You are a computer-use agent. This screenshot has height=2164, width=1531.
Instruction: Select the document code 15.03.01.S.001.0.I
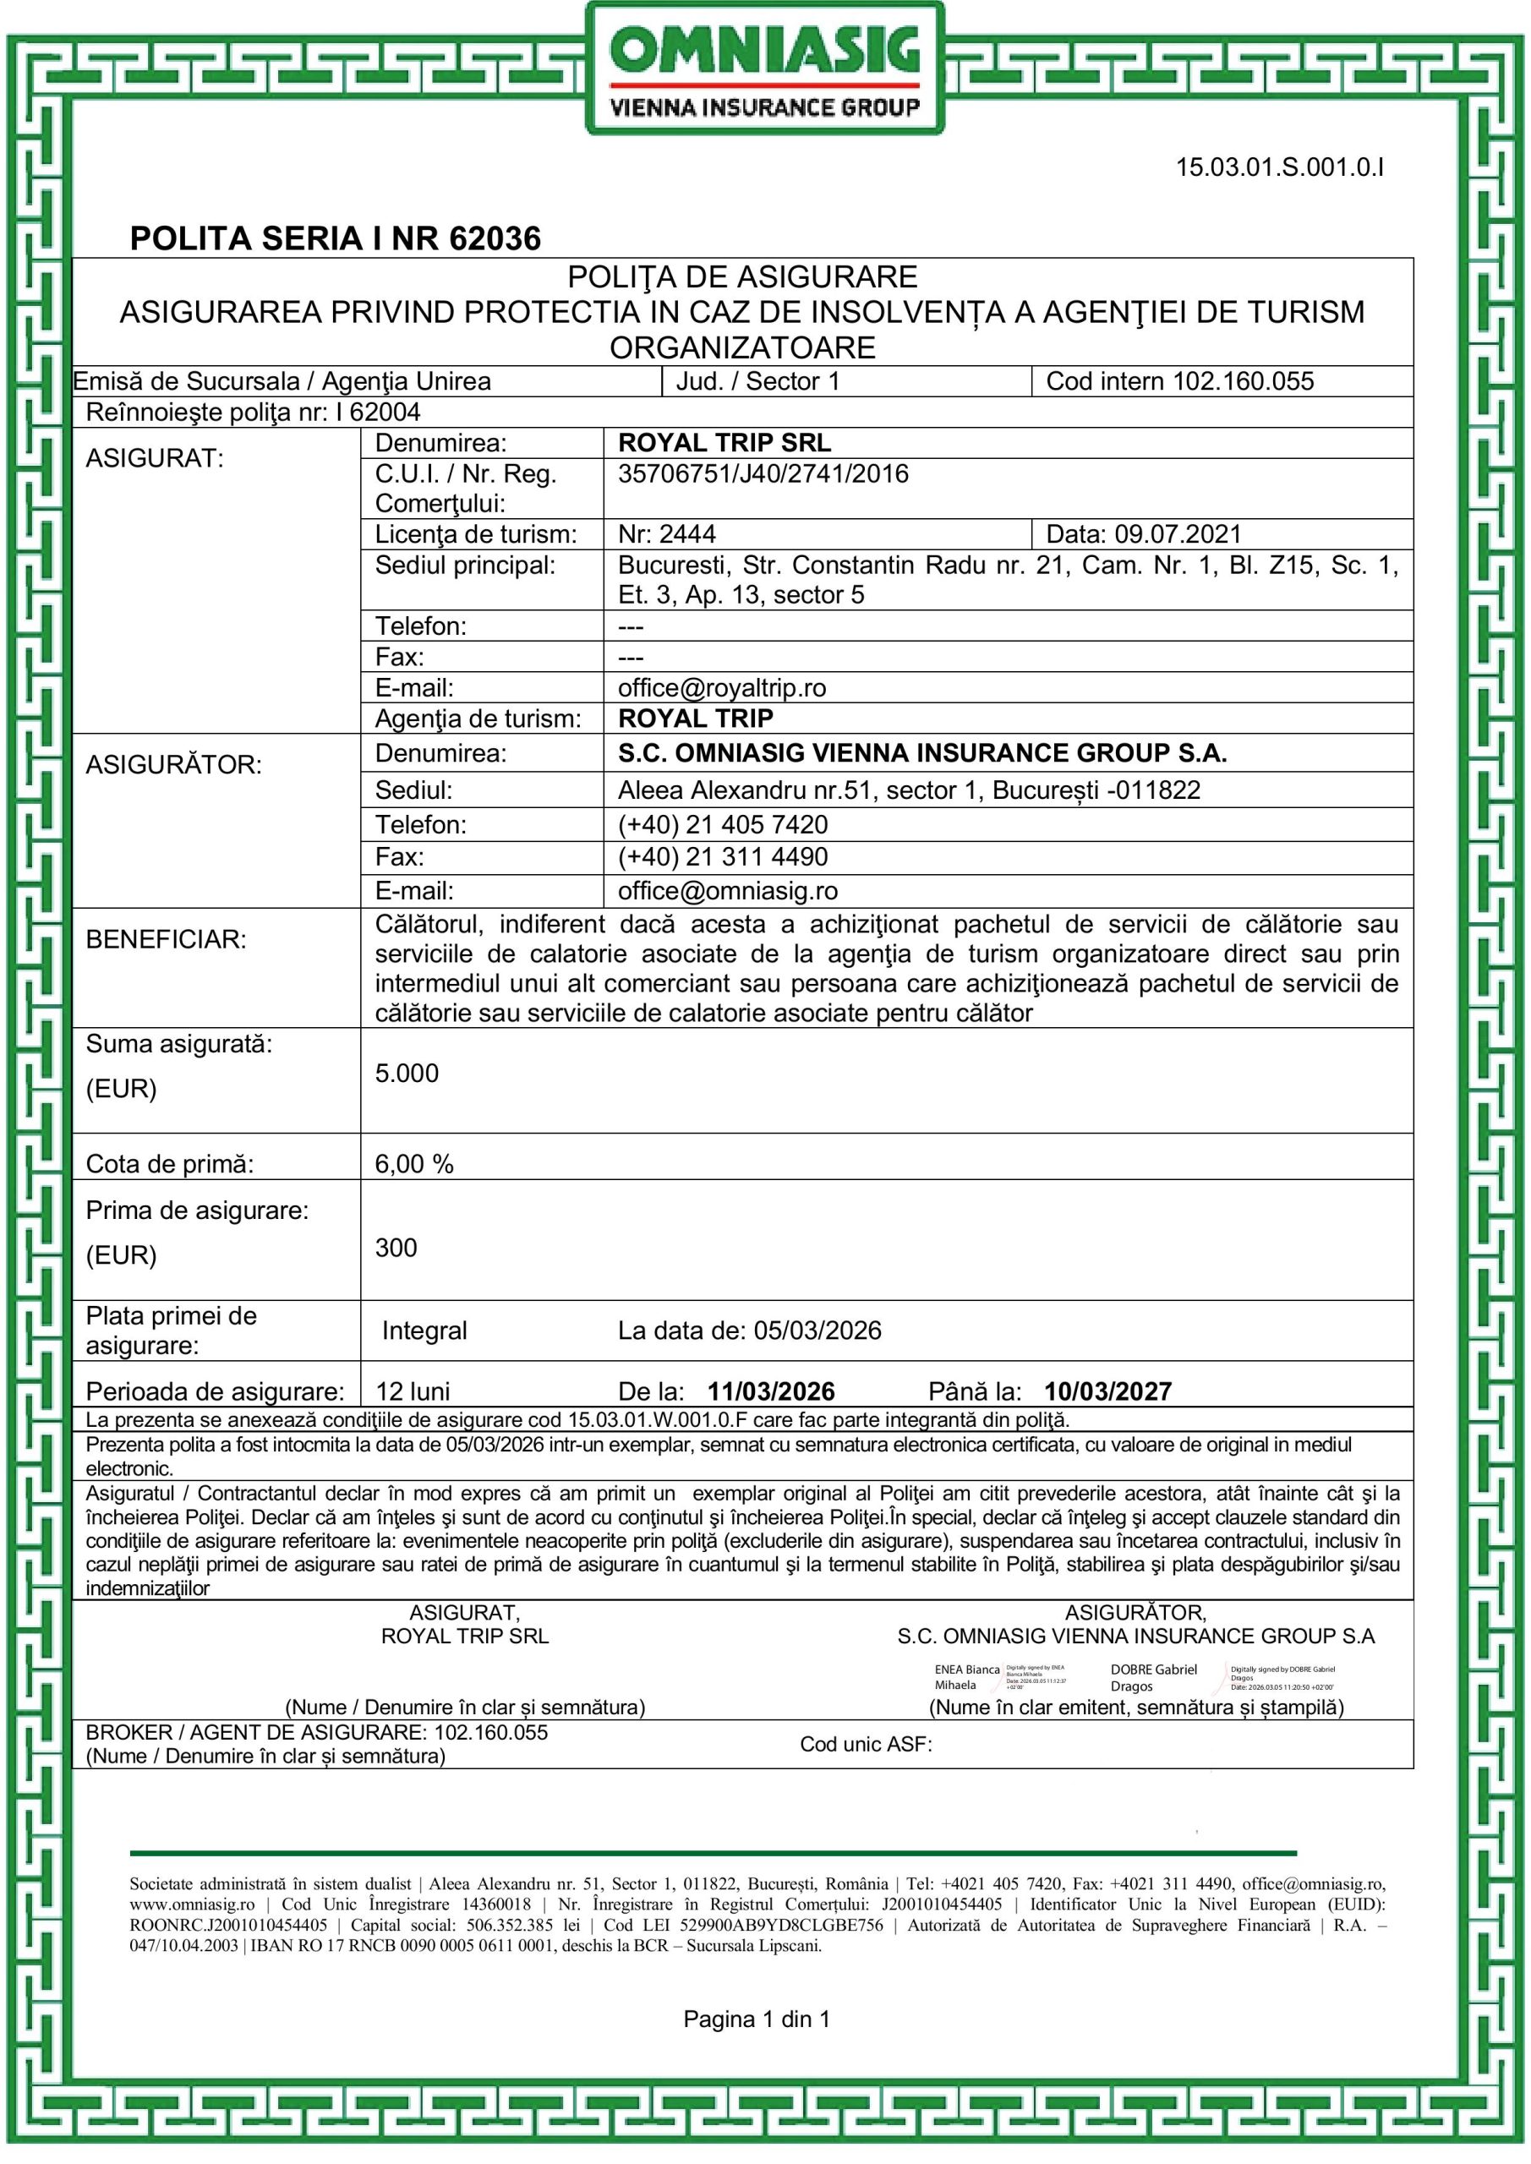pos(1279,167)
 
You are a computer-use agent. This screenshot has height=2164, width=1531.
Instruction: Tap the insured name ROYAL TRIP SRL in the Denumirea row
pos(724,443)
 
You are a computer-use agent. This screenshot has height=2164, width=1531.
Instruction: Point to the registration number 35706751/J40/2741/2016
pos(763,474)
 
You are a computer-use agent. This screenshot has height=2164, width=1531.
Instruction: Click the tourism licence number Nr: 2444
pos(666,534)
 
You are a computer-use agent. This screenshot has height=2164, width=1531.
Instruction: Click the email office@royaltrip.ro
pos(721,688)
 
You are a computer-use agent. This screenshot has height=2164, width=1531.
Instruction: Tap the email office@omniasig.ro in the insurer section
pos(727,891)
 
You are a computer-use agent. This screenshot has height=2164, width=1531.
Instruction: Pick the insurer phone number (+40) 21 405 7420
pos(722,825)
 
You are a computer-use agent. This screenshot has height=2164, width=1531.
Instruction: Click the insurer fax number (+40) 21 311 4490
pos(722,857)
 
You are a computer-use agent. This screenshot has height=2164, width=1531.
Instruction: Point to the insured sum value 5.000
pos(407,1074)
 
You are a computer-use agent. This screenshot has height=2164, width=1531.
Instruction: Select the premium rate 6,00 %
pos(414,1164)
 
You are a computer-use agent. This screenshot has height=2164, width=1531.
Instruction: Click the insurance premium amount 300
pos(396,1248)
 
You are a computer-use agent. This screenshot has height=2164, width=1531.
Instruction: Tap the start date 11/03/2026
pos(771,1392)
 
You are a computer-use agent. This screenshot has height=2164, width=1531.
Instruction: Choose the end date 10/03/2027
pos(1107,1392)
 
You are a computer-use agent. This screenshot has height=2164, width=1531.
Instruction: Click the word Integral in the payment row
pos(424,1331)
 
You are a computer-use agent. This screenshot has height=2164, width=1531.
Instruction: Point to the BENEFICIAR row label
pos(166,940)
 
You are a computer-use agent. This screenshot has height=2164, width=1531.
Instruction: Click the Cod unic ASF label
pos(866,1745)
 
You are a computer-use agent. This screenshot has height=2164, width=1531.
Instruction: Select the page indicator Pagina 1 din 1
pos(756,2019)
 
